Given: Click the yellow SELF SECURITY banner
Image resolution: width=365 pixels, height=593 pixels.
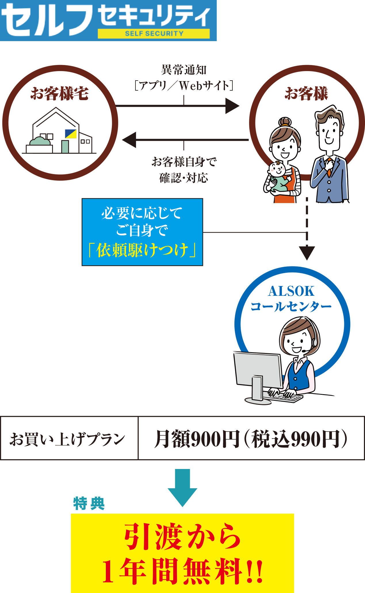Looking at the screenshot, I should [x=154, y=34].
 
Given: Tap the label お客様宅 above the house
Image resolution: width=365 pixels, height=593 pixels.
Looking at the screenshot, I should [x=60, y=94].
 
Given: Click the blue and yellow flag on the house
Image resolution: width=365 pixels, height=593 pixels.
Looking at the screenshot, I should [x=71, y=134].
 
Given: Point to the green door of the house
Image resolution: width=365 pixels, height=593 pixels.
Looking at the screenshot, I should [x=65, y=146].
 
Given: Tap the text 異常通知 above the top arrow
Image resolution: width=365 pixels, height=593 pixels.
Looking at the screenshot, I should [x=184, y=70].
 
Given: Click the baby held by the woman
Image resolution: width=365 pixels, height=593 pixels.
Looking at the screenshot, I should [x=277, y=176].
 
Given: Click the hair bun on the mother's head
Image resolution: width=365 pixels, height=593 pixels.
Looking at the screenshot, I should [x=285, y=121].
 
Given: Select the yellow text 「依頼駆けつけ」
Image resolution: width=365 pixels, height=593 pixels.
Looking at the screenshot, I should [x=142, y=250].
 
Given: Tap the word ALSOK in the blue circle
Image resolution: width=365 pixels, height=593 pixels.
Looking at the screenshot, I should [x=291, y=291].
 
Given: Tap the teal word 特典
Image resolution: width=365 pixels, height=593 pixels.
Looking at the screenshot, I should [x=89, y=504].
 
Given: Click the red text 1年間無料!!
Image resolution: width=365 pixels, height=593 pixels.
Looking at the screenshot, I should [x=182, y=571].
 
